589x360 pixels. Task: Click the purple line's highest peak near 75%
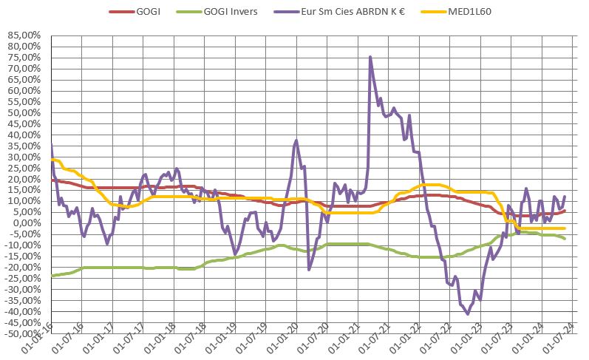click(370, 57)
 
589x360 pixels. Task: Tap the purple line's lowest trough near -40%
click(468, 313)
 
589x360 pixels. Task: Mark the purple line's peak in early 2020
click(296, 140)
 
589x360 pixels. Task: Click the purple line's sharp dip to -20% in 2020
click(309, 269)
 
